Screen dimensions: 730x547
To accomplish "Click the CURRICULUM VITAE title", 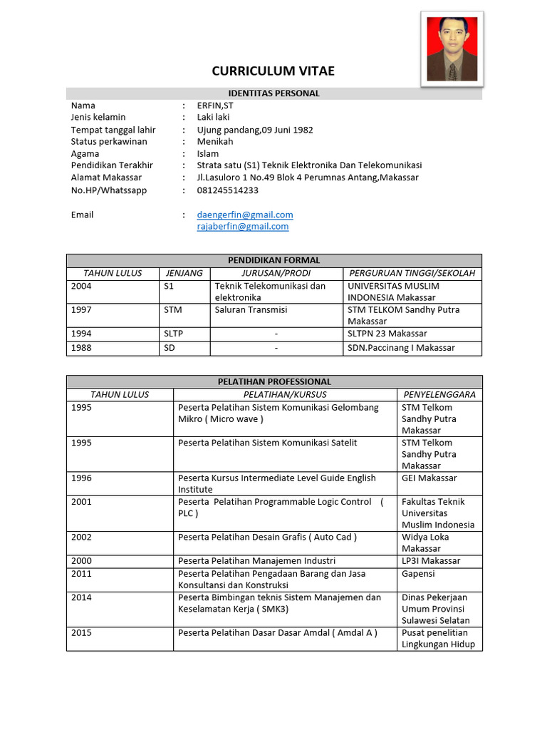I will [273, 71].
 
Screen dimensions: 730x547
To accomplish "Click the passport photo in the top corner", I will [452, 48].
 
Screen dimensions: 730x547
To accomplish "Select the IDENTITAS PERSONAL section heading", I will [273, 93].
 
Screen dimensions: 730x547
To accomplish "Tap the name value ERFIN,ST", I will [215, 106].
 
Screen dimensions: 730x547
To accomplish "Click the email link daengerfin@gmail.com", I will [245, 215].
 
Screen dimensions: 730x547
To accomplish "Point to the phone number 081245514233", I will [228, 190].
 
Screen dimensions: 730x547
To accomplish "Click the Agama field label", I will [85, 154].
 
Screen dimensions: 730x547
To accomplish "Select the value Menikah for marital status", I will [215, 142].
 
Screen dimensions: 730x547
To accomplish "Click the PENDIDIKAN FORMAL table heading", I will [273, 260].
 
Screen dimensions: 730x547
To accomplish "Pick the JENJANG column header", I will [184, 273].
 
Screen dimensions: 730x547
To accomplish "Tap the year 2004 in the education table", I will [81, 286].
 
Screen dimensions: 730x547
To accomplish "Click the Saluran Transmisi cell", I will [251, 310].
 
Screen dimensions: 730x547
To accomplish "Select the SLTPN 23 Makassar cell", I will [387, 334].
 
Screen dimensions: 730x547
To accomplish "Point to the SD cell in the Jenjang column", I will [170, 348].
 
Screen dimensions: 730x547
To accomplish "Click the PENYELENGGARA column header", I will [439, 394].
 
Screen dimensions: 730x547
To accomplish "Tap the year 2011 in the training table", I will [81, 574].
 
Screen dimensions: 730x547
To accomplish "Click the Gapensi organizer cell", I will [418, 574].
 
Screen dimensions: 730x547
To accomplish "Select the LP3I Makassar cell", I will [431, 561].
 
